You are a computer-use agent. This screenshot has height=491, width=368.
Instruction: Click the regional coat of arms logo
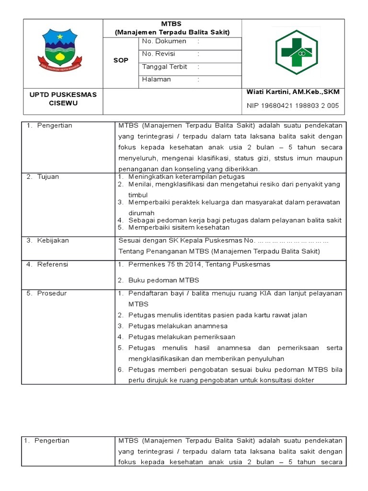click(x=60, y=48)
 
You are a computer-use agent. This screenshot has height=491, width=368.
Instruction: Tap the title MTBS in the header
click(x=172, y=23)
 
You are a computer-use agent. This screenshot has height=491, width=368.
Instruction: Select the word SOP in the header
click(x=121, y=60)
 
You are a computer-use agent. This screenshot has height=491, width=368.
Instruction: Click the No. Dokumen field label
click(x=163, y=42)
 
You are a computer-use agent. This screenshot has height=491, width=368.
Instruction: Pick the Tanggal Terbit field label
click(x=164, y=67)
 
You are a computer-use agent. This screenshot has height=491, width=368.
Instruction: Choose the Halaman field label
click(x=156, y=80)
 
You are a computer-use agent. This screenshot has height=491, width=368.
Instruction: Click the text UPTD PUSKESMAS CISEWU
click(x=63, y=99)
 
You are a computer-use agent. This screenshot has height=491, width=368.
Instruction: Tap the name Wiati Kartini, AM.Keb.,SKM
click(x=292, y=92)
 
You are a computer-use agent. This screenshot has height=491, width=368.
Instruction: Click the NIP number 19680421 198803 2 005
click(x=293, y=106)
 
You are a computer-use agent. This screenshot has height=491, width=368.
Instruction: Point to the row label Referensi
click(x=52, y=265)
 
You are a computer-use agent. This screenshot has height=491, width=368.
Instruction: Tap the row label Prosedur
click(x=52, y=293)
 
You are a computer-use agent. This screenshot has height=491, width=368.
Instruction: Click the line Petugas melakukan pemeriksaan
click(x=182, y=337)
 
